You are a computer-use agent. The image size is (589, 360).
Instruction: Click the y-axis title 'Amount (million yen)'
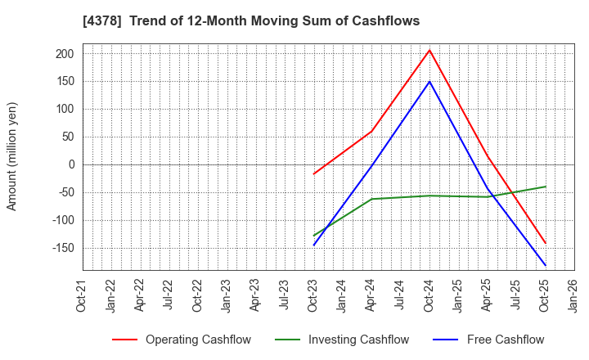point(12,156)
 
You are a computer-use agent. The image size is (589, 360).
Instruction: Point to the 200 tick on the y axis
point(65,54)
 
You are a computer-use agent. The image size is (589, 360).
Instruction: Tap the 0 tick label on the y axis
point(71,164)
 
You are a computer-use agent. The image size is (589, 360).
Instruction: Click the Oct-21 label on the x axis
point(83,296)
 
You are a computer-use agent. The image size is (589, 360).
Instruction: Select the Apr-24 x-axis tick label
point(372,296)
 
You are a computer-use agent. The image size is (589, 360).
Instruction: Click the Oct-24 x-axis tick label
point(429,296)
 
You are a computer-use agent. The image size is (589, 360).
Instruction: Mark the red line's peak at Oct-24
point(429,50)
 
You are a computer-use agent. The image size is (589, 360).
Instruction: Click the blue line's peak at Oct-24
point(429,81)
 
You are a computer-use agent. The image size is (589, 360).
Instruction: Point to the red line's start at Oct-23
point(314,173)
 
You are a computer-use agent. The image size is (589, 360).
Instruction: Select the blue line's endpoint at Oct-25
point(545,265)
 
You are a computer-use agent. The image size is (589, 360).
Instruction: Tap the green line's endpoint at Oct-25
point(545,187)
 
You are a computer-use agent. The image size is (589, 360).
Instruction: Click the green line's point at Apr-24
point(372,199)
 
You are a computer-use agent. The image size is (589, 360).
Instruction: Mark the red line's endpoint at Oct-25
point(545,243)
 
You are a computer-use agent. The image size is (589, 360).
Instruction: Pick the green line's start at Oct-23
point(314,236)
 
